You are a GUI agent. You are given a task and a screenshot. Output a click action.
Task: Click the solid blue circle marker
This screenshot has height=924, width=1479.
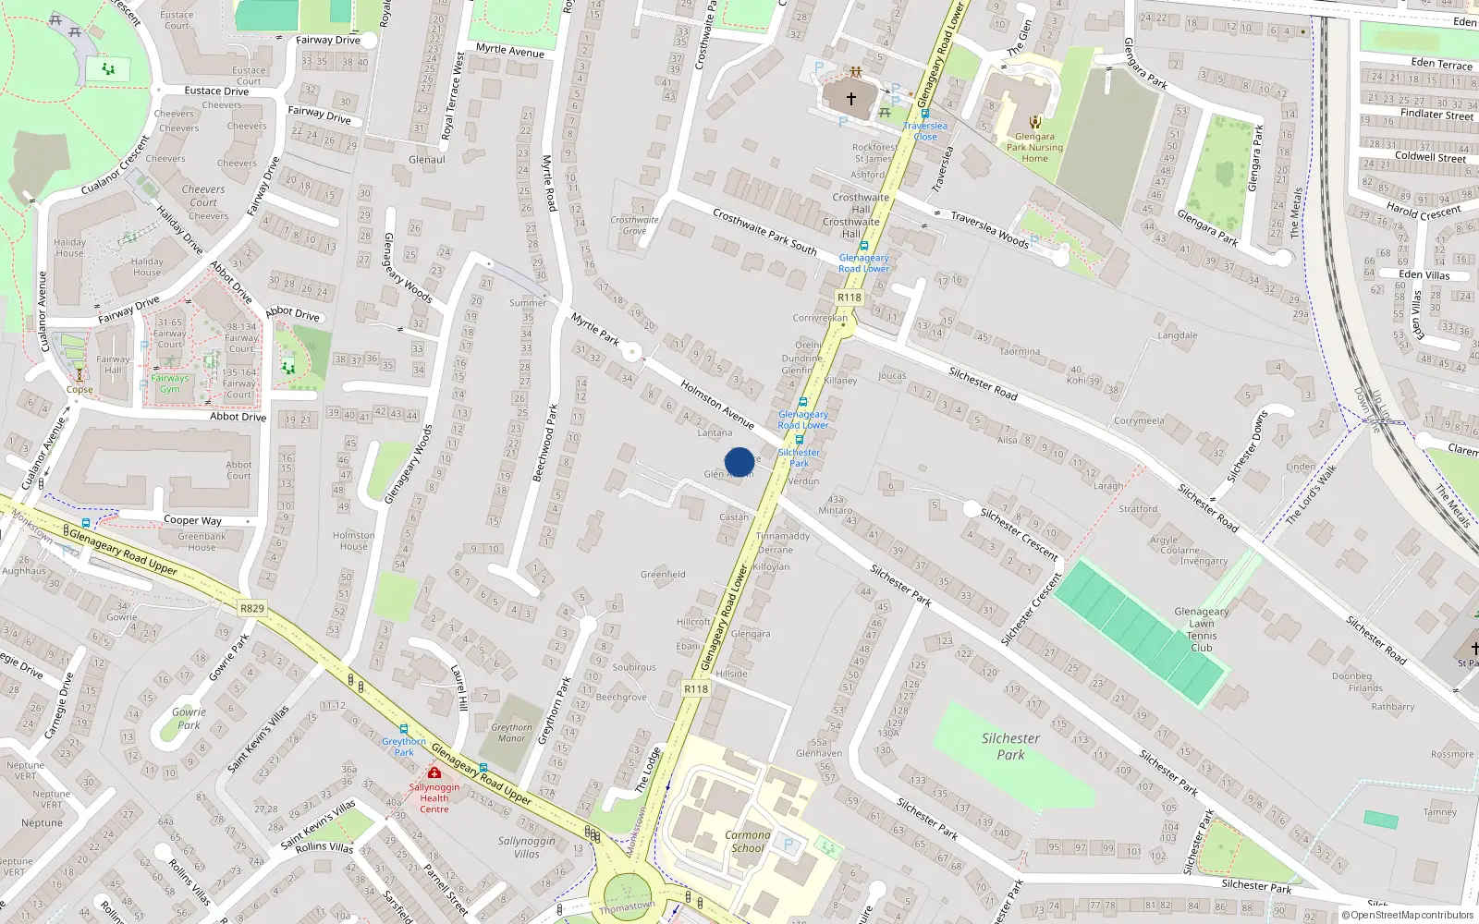tap(739, 462)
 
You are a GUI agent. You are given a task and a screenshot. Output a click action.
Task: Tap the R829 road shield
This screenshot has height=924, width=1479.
tap(251, 608)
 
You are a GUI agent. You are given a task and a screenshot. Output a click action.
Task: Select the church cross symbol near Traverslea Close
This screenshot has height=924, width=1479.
tap(851, 98)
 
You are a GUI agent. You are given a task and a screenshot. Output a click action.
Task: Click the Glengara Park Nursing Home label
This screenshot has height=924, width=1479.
tap(1034, 147)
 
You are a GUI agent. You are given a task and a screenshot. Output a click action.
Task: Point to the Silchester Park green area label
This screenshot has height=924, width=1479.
tap(1010, 747)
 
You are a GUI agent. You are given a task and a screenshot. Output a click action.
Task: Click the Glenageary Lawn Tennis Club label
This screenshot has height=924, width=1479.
tap(1201, 629)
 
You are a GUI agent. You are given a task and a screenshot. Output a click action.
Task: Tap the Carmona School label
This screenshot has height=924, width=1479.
tap(748, 841)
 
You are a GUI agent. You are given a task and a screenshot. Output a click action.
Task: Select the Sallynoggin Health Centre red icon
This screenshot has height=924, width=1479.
tap(434, 772)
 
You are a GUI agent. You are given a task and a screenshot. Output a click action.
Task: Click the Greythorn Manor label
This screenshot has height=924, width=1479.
tap(511, 733)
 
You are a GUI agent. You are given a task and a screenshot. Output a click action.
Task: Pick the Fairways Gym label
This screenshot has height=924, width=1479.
tap(170, 383)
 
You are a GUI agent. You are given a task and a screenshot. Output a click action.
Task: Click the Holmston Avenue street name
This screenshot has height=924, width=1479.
tap(717, 404)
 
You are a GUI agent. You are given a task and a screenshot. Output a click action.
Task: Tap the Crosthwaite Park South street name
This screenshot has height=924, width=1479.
tap(764, 231)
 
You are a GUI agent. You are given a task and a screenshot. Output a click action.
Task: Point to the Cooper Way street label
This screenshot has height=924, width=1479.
tap(192, 520)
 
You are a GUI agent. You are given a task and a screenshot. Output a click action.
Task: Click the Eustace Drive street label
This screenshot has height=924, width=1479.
tap(216, 91)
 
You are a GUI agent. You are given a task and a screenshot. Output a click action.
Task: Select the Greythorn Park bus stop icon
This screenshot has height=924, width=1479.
tap(403, 729)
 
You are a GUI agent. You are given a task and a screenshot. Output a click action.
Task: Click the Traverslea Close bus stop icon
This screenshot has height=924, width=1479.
tap(924, 115)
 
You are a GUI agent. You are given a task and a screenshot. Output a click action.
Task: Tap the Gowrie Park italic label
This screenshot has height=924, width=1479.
tap(189, 718)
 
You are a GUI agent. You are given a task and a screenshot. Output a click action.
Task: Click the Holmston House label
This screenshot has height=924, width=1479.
tap(353, 541)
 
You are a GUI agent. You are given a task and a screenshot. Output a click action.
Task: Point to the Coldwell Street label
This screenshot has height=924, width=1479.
tap(1430, 157)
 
